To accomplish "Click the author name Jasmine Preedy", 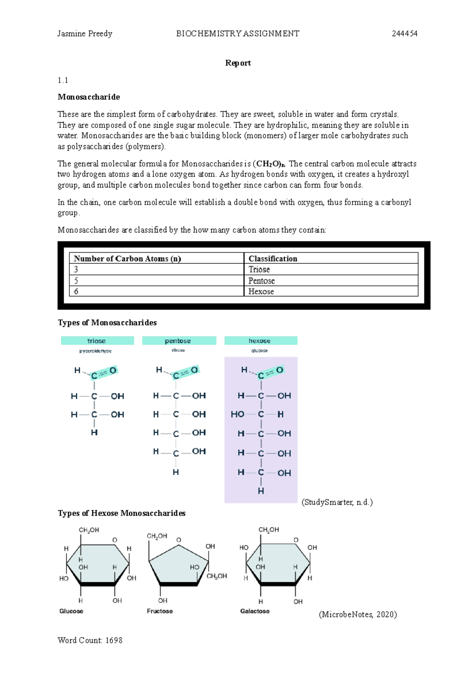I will pyautogui.click(x=84, y=34).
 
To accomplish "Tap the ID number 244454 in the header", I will pyautogui.click(x=404, y=34).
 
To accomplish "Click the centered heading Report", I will pyautogui.click(x=238, y=63).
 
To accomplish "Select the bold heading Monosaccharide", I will pyautogui.click(x=89, y=97).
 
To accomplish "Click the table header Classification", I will pyautogui.click(x=273, y=259).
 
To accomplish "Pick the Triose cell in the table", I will pyautogui.click(x=259, y=269).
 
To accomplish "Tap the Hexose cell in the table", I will pyautogui.click(x=261, y=292).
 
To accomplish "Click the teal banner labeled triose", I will pyautogui.click(x=97, y=341).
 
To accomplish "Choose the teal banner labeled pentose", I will pyautogui.click(x=178, y=341).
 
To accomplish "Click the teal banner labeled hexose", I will pyautogui.click(x=260, y=341).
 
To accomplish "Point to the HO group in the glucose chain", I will pyautogui.click(x=238, y=414).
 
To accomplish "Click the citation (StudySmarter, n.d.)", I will pyautogui.click(x=337, y=502).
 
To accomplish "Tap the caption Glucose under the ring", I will pyautogui.click(x=71, y=611).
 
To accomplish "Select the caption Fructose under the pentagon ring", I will pyautogui.click(x=160, y=611).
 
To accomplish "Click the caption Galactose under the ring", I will pyautogui.click(x=255, y=611).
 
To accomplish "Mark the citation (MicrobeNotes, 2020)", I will pyautogui.click(x=358, y=615).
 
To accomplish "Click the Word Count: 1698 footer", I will pyautogui.click(x=90, y=640).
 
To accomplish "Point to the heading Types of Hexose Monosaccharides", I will pyautogui.click(x=121, y=513).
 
